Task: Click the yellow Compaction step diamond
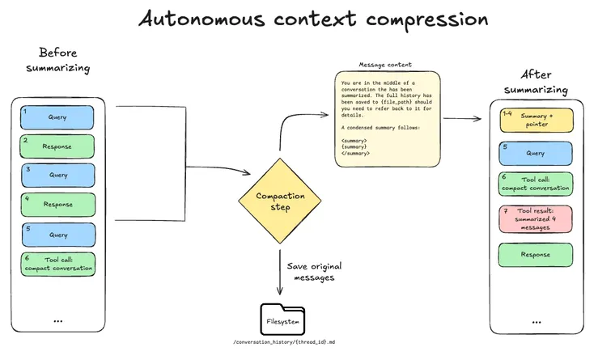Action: [279, 201]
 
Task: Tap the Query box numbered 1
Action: [57, 117]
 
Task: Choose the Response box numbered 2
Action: [57, 146]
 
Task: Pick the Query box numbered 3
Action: [57, 175]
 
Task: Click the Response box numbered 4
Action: [57, 205]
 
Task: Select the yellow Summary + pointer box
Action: [536, 121]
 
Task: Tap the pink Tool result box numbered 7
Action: [536, 218]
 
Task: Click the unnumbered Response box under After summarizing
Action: [536, 255]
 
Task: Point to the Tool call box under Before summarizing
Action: [57, 264]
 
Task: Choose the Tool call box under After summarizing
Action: [536, 184]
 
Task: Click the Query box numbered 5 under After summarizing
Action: [536, 153]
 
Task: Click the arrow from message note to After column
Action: [462, 118]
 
